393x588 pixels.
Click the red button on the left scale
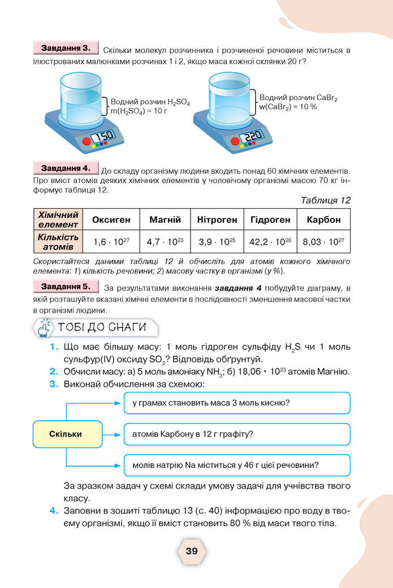coord(87,141)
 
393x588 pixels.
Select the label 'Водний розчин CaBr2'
coord(298,98)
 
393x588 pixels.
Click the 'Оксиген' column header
coord(111,219)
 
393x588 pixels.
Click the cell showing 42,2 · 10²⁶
coord(270,241)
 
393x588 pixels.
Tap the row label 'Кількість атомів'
coord(58,241)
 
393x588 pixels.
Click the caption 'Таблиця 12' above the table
coord(326,200)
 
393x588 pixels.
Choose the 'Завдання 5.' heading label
coord(66,287)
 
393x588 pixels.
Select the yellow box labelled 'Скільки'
coord(66,434)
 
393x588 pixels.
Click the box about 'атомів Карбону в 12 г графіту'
coord(236,435)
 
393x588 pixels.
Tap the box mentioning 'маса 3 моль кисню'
coord(236,403)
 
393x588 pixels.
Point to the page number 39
coord(192,551)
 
